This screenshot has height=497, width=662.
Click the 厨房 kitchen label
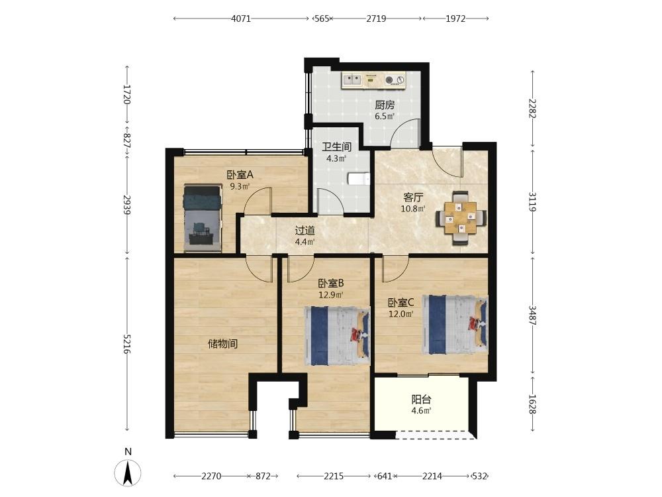tap(384, 105)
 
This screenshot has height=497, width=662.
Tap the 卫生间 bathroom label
tap(336, 146)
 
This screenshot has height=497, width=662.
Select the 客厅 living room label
tap(413, 197)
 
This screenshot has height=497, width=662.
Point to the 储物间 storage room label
tap(222, 344)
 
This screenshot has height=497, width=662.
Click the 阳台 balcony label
tap(421, 400)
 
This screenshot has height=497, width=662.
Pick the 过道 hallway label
tap(305, 231)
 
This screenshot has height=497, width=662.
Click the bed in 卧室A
tap(203, 217)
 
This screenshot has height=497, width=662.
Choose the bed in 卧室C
tap(455, 325)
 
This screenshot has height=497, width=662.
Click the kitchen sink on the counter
tap(352, 79)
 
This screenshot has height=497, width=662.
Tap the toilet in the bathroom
tap(359, 179)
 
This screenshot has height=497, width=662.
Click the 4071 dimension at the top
tap(241, 19)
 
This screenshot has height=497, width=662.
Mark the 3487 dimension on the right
tap(532, 315)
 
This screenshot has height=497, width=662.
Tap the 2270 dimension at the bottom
tap(211, 476)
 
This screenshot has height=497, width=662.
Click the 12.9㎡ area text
tap(330, 295)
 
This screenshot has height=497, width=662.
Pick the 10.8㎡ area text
tap(413, 208)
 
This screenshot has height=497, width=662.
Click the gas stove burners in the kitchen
tap(395, 80)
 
